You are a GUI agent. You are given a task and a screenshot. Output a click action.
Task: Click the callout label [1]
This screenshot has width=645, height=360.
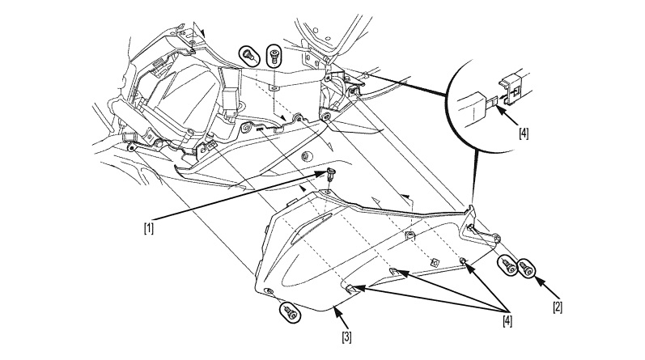(149, 228)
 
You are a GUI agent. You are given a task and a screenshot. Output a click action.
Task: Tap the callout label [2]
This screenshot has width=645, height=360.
(558, 307)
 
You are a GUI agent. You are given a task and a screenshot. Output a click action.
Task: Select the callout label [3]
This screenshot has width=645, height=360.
(346, 337)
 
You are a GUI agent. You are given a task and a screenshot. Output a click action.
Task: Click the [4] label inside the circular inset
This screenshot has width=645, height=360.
(524, 133)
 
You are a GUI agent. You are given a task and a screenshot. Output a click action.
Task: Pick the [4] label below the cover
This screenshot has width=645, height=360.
(507, 321)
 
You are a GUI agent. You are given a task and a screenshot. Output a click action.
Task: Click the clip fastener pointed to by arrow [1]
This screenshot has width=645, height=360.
(330, 175)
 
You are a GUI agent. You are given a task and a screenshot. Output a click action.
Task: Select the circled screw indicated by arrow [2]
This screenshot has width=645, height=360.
(526, 269)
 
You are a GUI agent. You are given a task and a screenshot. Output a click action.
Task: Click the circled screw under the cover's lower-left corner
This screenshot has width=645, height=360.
(291, 312)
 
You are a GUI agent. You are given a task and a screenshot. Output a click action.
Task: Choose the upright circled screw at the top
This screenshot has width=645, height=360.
(274, 56)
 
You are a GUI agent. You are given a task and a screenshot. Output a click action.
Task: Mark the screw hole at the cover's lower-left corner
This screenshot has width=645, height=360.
(269, 291)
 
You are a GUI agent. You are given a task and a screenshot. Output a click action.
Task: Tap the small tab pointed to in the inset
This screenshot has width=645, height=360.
(492, 100)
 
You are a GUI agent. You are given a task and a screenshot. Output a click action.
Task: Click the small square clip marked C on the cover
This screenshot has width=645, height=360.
(434, 261)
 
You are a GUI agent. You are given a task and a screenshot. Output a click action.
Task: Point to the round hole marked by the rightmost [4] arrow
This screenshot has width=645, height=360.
(462, 260)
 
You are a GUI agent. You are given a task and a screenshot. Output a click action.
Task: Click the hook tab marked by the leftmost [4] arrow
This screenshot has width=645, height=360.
(350, 289)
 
